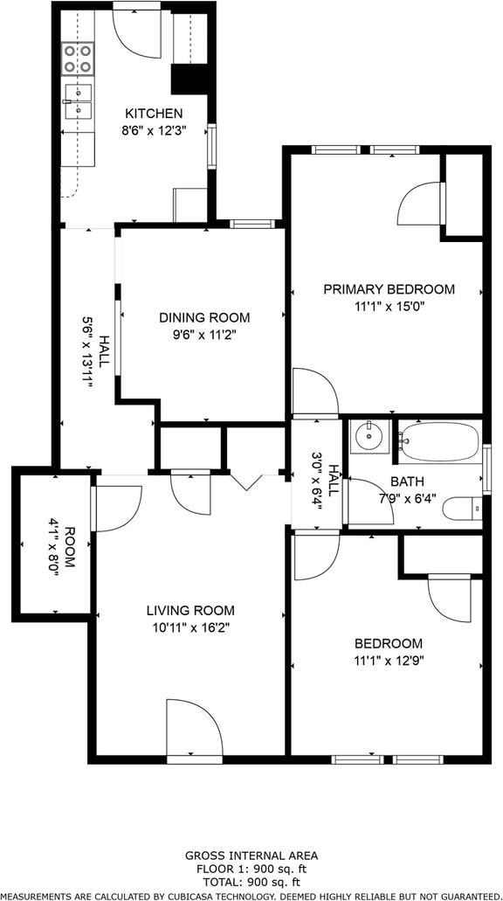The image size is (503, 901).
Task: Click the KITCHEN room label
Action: pos(154,114)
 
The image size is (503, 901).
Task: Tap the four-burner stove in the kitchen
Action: pos(78,59)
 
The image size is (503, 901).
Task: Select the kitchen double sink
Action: pos(78,101)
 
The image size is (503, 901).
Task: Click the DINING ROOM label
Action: pos(204,317)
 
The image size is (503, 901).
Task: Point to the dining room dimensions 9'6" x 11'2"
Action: pos(204,335)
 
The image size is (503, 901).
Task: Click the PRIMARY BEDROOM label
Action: pos(389,289)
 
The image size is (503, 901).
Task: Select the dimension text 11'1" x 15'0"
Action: pos(389,306)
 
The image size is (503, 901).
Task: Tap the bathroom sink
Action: pos(369,437)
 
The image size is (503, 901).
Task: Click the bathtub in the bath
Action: pos(439,442)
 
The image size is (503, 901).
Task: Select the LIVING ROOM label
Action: pos(190,610)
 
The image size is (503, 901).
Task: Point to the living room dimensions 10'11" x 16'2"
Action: pos(190,627)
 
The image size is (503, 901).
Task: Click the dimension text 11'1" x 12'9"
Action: pos(389,660)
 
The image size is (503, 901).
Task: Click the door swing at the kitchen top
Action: pos(138,32)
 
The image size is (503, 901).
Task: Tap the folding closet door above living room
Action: pos(247,482)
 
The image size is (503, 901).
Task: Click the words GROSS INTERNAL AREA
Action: pos(251,856)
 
